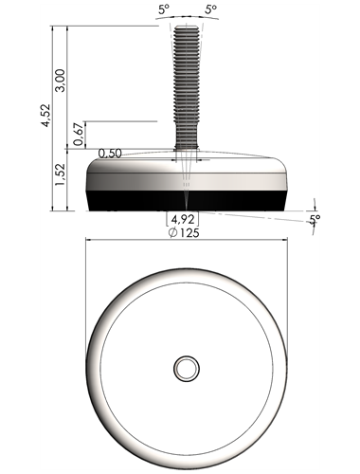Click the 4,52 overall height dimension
(46, 115)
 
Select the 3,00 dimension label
(60, 81)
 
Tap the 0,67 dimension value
(79, 134)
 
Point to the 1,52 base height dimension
(60, 174)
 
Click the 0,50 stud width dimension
(110, 154)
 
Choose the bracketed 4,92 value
(183, 219)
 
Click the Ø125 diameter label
(184, 233)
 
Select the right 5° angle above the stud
(211, 9)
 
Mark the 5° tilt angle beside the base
(315, 219)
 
